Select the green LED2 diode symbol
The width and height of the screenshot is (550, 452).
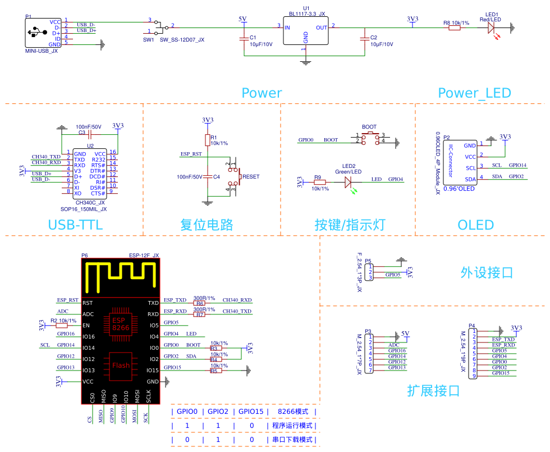point(348,182)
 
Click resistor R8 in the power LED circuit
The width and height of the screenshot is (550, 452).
point(454,27)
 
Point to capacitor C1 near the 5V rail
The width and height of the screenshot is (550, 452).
point(243,39)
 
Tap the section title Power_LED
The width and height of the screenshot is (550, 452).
point(474,93)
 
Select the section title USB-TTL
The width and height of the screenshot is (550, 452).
point(75,226)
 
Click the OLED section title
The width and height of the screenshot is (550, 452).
point(475,226)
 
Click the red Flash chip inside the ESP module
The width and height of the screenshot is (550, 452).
point(121,365)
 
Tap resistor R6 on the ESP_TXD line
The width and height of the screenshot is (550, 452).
point(200,304)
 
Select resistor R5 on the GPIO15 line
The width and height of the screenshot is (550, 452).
point(214,371)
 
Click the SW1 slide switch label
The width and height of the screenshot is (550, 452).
point(148,40)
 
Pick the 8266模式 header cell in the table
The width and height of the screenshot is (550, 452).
point(293,412)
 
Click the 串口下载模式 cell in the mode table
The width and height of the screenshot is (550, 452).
point(292,440)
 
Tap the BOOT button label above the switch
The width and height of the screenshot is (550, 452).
point(369,127)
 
